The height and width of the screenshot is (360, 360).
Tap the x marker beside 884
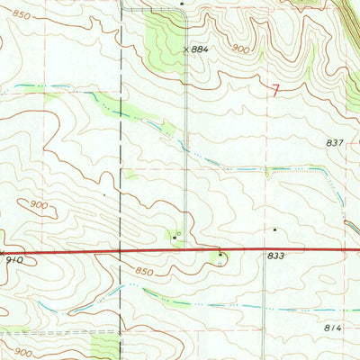click(x=186, y=49)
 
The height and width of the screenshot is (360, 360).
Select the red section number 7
click(x=274, y=88)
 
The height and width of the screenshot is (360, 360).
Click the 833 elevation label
click(x=275, y=256)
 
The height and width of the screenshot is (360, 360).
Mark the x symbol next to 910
click(x=2, y=251)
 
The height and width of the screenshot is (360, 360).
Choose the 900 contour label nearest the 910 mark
click(x=38, y=204)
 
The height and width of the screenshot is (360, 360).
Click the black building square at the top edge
click(x=182, y=4)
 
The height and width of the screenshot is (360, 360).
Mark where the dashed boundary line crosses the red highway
click(x=121, y=247)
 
